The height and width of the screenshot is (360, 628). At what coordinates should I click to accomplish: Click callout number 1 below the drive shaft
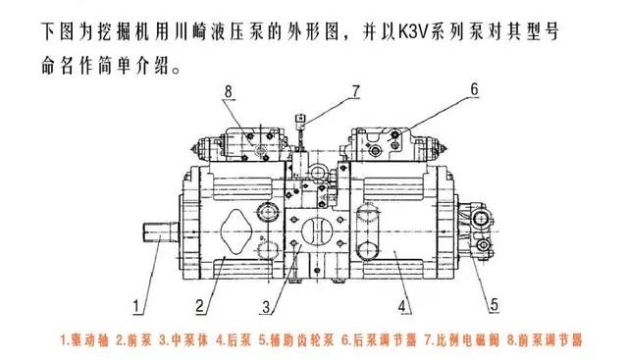[x=137, y=307]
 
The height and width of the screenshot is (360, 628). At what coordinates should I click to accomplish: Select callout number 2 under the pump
[x=200, y=306]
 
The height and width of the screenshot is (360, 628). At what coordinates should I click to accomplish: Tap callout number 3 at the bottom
[x=267, y=307]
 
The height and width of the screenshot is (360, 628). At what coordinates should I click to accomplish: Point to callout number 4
[x=403, y=306]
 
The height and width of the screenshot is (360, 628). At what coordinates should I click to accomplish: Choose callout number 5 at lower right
[x=495, y=305]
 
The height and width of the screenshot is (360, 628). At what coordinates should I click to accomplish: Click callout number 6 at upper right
[x=474, y=89]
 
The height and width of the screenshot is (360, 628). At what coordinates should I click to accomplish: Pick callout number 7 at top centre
[x=355, y=91]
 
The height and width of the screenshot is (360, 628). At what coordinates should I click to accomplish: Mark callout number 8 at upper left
[x=228, y=91]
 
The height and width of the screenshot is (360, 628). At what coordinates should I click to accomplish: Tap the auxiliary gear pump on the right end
[x=476, y=231]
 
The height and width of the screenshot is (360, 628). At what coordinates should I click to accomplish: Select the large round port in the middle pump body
[x=317, y=231]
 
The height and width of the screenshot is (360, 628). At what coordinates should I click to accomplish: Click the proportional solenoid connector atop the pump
[x=300, y=121]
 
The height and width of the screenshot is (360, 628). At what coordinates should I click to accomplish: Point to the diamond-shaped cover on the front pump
[x=235, y=231]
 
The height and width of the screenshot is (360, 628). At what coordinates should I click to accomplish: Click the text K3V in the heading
[x=413, y=31]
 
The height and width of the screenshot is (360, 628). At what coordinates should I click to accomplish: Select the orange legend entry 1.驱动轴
[x=84, y=340]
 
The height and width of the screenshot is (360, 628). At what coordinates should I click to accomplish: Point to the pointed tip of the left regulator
[x=192, y=149]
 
